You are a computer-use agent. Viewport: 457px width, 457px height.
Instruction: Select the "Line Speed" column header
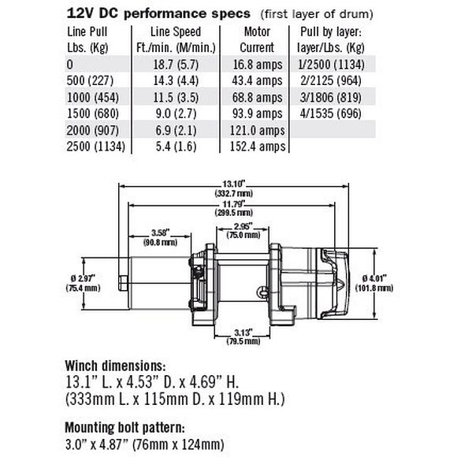[176, 39]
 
